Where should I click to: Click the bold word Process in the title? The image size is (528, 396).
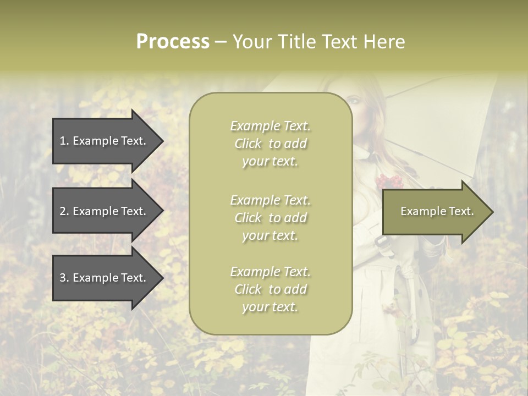click(x=173, y=42)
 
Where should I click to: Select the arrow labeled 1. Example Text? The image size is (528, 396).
click(x=105, y=141)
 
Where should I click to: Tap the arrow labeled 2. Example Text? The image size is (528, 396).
click(x=105, y=211)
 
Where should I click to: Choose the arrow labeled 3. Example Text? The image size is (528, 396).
click(x=105, y=278)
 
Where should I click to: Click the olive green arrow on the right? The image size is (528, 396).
click(x=435, y=212)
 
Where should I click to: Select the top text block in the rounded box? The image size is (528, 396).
click(x=270, y=144)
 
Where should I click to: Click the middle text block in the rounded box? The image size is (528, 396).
click(x=270, y=217)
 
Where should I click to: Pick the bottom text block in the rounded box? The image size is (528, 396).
click(x=270, y=289)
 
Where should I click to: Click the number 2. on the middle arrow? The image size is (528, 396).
click(x=64, y=211)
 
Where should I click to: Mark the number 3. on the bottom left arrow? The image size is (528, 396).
click(x=64, y=278)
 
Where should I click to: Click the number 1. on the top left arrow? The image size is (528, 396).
click(x=64, y=141)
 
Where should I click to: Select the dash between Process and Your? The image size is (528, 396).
click(x=221, y=42)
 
